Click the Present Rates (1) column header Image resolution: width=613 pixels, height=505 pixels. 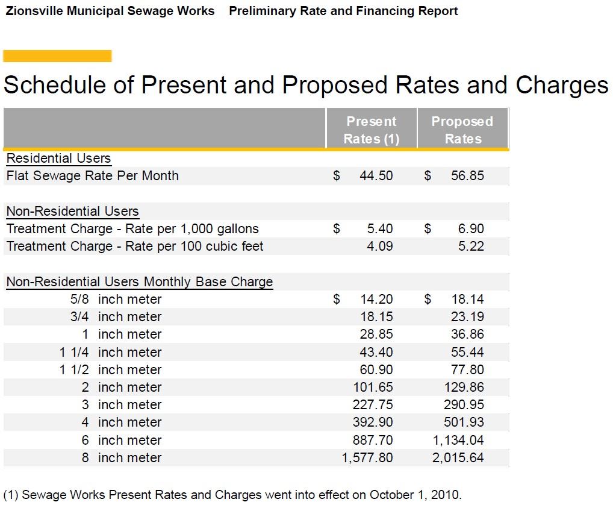[x=371, y=130]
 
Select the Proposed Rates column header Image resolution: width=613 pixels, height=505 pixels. [x=462, y=130]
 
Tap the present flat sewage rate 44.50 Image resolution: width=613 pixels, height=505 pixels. [x=376, y=176]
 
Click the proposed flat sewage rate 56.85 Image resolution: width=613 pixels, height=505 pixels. [x=467, y=176]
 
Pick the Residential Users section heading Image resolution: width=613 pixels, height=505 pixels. [x=58, y=158]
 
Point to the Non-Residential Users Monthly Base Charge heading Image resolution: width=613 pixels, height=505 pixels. [x=139, y=282]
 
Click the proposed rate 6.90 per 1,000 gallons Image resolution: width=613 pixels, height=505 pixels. [x=471, y=229]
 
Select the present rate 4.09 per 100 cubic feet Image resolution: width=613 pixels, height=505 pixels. [x=379, y=246]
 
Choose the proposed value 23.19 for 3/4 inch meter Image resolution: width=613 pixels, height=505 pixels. [x=467, y=317]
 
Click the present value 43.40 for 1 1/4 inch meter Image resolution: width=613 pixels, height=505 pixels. [x=376, y=353]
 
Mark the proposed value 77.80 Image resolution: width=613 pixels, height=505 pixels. [x=467, y=370]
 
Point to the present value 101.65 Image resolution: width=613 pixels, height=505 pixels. [x=372, y=387]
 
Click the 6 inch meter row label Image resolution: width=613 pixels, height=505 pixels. [x=122, y=441]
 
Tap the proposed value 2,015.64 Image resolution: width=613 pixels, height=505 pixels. [x=458, y=458]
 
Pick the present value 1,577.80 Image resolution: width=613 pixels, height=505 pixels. [x=367, y=458]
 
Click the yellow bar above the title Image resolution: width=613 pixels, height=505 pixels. [x=57, y=56]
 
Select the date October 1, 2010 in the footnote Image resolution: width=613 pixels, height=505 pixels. [x=415, y=495]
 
